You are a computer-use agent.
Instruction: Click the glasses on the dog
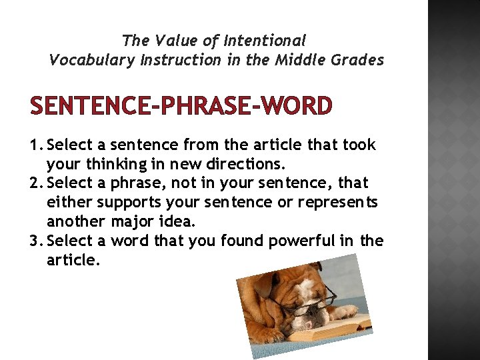pyautogui.click(x=313, y=306)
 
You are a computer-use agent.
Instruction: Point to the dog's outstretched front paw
pyautogui.click(x=347, y=311)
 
